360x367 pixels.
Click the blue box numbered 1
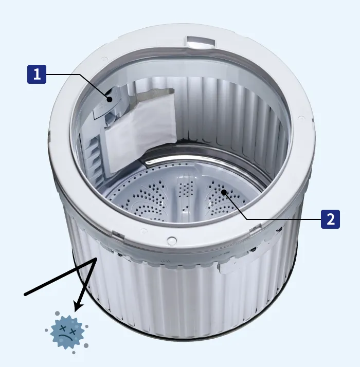pos(37,74)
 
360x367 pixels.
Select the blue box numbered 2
pos(330,219)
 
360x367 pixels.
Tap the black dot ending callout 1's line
pos(110,99)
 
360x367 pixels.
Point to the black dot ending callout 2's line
pos(224,192)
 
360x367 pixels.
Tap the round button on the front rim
pos(172,241)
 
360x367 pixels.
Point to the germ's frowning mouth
pos(64,337)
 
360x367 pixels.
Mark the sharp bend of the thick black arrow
pos(96,259)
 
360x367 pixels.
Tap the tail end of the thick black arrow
pos(25,294)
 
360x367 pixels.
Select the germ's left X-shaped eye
pos(62,328)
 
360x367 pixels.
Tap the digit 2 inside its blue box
pos(330,219)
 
